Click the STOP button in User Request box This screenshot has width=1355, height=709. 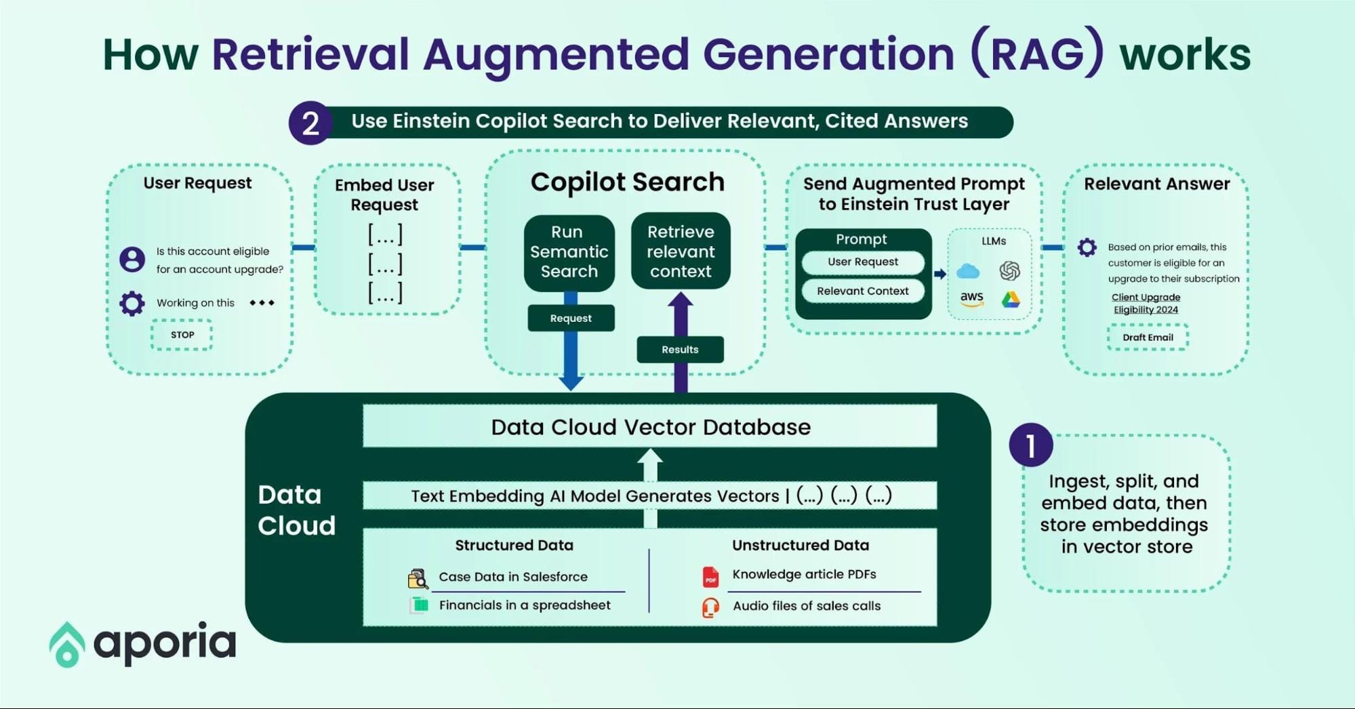pos(182,335)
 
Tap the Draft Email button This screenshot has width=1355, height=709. pos(1147,338)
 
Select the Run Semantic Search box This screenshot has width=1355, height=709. pos(569,252)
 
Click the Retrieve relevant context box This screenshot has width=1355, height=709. pos(680,251)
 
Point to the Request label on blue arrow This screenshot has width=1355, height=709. pos(571,318)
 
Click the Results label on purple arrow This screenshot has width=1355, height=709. pos(680,350)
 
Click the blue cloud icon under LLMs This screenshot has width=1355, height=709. pos(967,272)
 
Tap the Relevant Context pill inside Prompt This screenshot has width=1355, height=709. pos(862,291)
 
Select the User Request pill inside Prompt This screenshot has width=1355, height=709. pos(862,262)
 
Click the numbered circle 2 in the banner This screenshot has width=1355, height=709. pos(310,123)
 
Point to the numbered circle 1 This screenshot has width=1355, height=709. pos(1030,446)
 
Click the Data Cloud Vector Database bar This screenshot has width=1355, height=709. pos(649,427)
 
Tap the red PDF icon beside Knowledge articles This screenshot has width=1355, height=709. pos(710,577)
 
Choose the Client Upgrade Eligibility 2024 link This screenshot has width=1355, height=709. pos(1146,304)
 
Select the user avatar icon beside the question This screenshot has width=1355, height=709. pos(132,260)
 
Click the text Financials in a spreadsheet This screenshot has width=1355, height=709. pos(524,605)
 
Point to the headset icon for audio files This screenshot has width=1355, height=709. pos(710,607)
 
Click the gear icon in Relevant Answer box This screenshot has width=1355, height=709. pos(1087,247)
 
